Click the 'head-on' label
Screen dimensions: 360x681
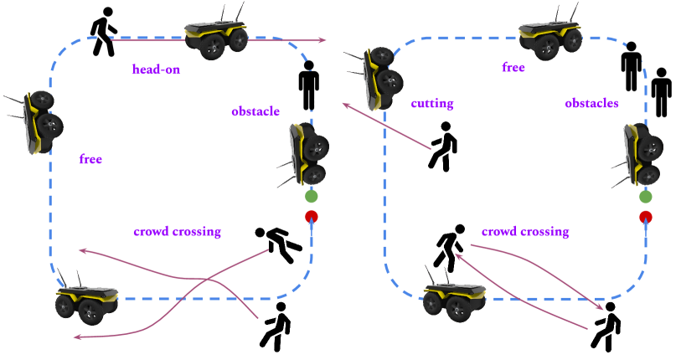[156, 70]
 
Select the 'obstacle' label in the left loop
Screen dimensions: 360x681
[255, 111]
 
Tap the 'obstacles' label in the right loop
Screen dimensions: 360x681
[591, 104]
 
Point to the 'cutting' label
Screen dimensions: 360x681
[432, 104]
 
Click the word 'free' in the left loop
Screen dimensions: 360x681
[90, 159]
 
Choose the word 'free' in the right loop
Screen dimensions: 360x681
[513, 68]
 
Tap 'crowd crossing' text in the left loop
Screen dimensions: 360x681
[177, 232]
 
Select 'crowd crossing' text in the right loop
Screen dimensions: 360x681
[525, 231]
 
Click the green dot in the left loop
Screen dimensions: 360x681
[312, 197]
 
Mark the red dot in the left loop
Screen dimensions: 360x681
[312, 217]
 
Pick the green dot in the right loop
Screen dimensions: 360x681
[646, 197]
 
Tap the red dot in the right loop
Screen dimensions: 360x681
[646, 217]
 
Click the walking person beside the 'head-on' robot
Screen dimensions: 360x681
[104, 33]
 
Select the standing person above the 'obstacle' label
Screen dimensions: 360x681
[309, 85]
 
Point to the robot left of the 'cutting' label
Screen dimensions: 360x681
[380, 78]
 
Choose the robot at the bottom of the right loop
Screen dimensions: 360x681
[454, 299]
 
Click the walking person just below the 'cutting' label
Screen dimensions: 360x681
[443, 146]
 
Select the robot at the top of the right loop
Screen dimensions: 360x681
[551, 36]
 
